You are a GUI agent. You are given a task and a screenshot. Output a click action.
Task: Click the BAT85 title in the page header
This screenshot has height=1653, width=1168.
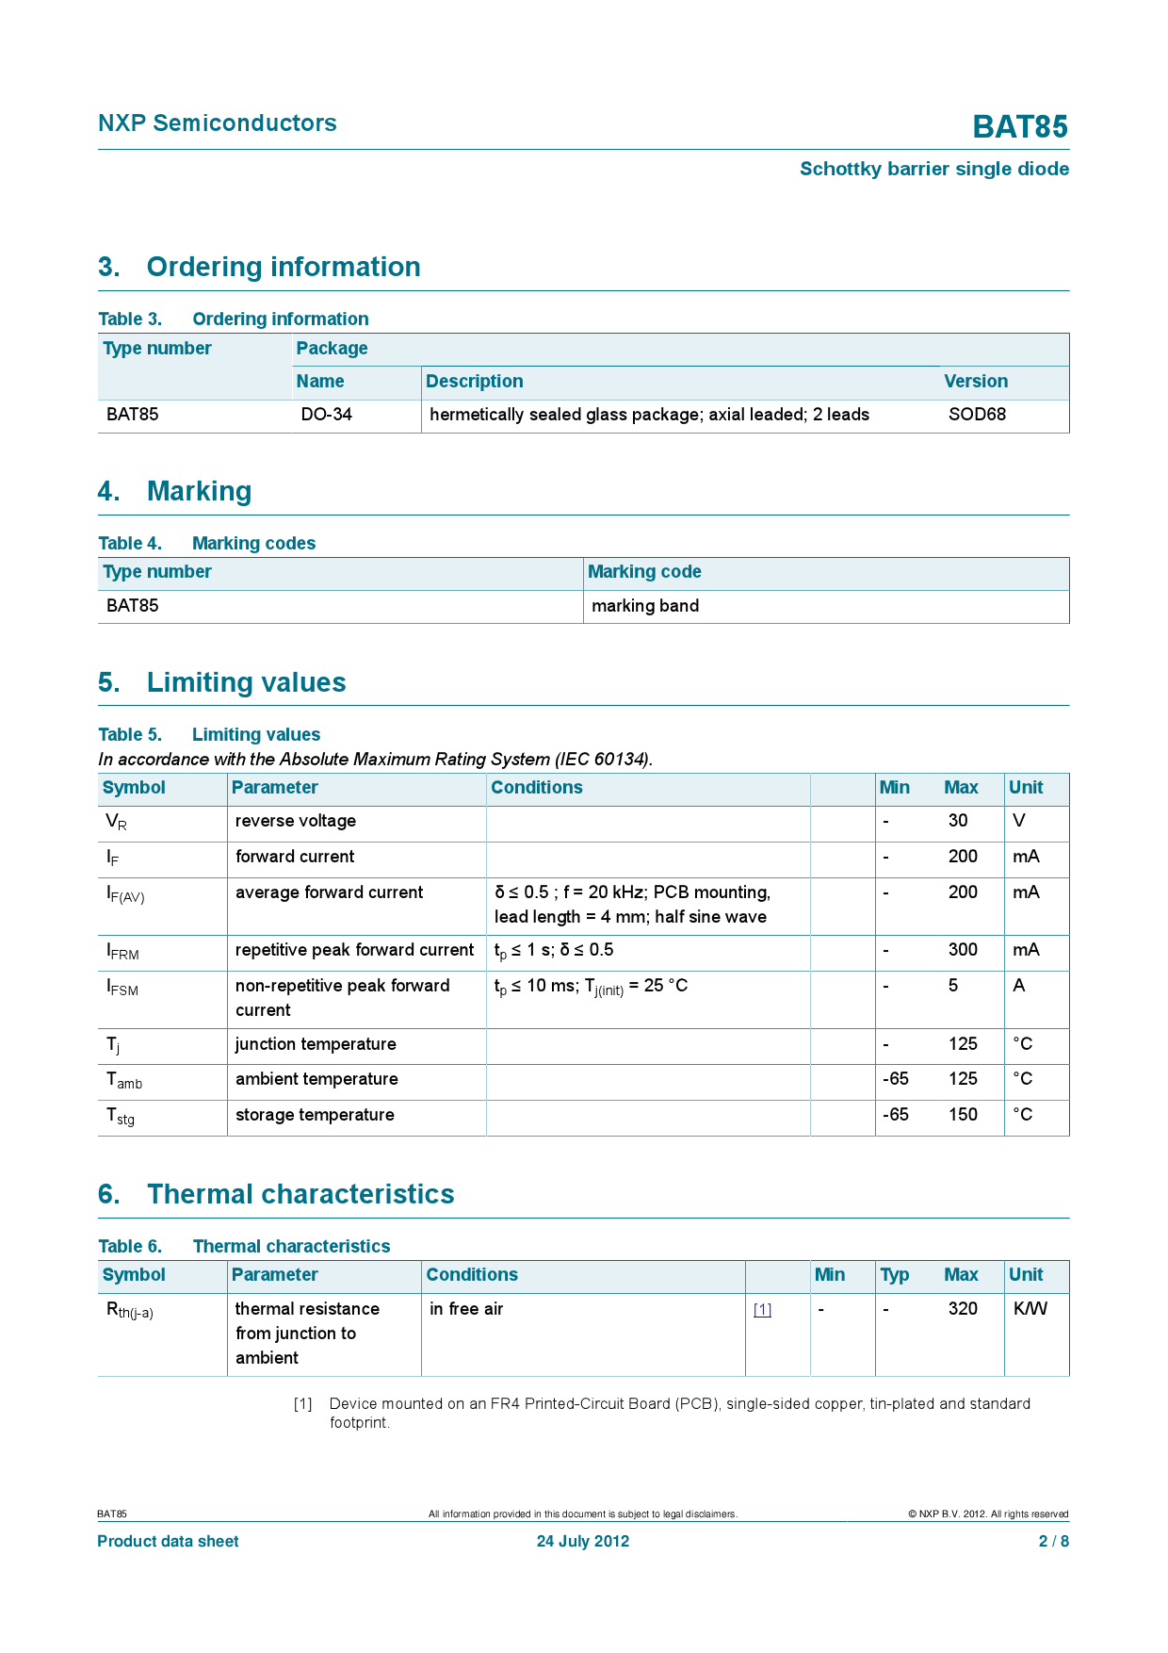[x=1020, y=127]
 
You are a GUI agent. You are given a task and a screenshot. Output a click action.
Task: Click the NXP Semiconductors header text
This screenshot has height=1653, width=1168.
[x=217, y=123]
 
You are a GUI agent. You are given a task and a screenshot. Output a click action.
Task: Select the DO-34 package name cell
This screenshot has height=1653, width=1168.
[x=326, y=415]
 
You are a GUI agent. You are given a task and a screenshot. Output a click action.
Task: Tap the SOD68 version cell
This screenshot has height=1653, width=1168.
[x=977, y=415]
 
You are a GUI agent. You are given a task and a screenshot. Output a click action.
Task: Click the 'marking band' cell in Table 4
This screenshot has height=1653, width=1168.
[x=645, y=606]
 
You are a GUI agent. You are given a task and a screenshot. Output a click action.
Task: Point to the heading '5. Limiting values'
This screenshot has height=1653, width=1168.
[x=222, y=682]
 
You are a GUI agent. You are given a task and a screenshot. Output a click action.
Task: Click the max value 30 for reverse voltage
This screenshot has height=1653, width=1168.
[x=958, y=821]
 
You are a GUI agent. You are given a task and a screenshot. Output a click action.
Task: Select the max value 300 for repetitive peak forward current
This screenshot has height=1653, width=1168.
[x=963, y=950]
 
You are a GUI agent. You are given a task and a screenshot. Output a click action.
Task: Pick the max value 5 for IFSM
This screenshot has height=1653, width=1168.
[x=953, y=986]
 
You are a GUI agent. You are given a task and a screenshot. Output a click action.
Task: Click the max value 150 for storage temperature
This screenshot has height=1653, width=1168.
[x=963, y=1115]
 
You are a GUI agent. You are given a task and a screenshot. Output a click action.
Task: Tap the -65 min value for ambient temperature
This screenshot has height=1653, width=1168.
[x=896, y=1079]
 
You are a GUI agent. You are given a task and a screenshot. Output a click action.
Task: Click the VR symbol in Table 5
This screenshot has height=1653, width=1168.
[x=116, y=822]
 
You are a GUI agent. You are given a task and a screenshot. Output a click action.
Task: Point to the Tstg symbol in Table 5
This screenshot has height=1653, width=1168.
[x=121, y=1117]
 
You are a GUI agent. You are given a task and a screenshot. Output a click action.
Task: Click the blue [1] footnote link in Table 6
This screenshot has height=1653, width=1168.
[x=762, y=1310]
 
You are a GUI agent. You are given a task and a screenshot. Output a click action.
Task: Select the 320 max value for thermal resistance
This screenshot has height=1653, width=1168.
[x=963, y=1309]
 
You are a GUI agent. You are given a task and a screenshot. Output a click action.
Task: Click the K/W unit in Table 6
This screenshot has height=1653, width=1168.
[x=1030, y=1309]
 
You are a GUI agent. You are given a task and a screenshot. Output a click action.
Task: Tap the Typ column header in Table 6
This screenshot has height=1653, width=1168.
[x=894, y=1275]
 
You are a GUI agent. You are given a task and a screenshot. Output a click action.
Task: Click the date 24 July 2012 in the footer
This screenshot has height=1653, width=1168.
[x=583, y=1542]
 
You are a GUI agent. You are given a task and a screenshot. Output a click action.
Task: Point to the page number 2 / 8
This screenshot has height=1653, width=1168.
[x=1053, y=1542]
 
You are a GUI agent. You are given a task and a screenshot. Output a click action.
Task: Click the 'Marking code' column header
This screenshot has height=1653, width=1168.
[x=644, y=572]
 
